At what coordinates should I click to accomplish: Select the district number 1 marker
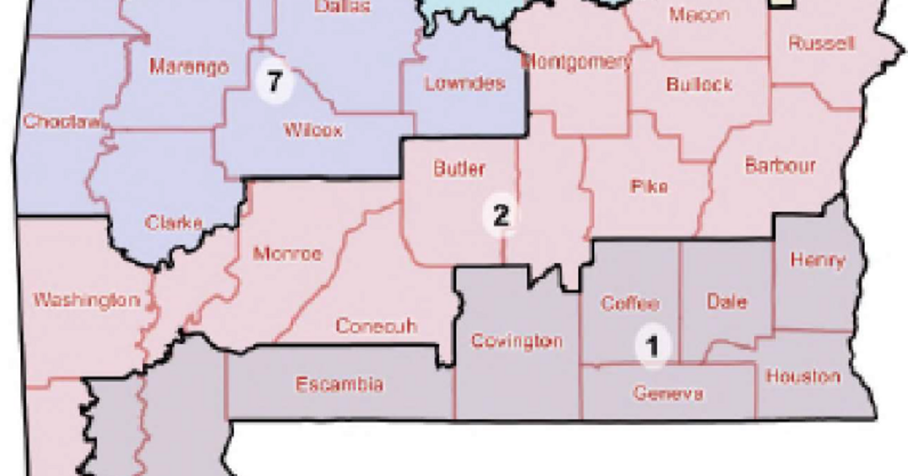tap(652, 347)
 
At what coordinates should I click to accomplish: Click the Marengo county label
tap(188, 67)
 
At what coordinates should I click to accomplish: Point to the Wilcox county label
tap(313, 130)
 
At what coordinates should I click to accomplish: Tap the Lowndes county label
tap(464, 83)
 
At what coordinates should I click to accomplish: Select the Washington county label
tap(86, 301)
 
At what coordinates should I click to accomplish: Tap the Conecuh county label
tap(376, 326)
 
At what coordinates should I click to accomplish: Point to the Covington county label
tap(517, 341)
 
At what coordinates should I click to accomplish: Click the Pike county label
tap(648, 187)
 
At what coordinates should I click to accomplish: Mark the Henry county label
tap(816, 260)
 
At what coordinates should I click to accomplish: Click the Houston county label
tap(802, 376)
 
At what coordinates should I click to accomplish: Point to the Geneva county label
tap(668, 394)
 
